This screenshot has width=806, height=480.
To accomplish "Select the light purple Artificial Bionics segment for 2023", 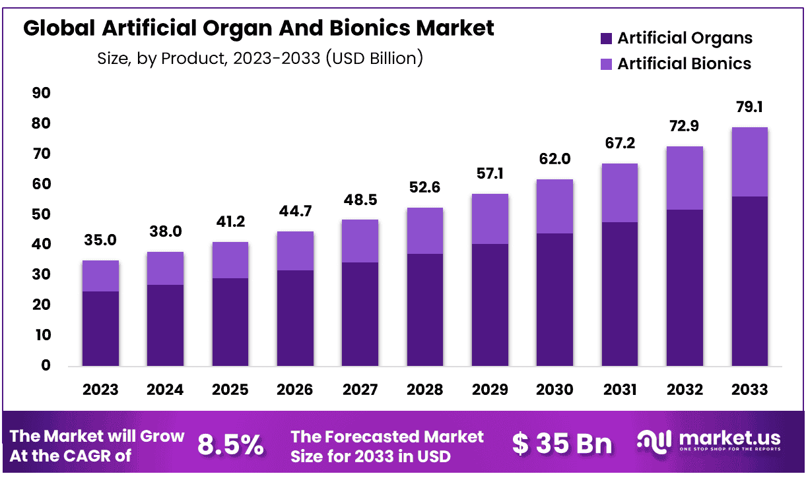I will coord(100,276).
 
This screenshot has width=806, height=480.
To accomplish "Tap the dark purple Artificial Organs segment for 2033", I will coord(749,281).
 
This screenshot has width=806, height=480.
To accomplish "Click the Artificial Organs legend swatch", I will coord(606,39).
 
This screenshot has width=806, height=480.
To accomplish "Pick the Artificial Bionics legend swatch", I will coord(606,64).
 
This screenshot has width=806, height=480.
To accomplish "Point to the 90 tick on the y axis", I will coord(41,94).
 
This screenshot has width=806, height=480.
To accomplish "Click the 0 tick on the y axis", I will coord(46,365).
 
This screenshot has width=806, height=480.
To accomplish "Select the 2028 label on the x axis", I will coord(424,390).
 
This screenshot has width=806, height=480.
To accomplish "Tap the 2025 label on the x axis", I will coord(230,390).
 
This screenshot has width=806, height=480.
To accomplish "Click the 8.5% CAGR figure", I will coord(230,446).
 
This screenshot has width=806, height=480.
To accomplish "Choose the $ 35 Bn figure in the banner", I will coord(562,444).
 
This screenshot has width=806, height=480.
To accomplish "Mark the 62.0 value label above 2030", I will coord(554,159).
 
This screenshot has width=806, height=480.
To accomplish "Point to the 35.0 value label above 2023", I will coord(100,240).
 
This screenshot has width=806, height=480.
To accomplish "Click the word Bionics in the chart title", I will coord(384,28).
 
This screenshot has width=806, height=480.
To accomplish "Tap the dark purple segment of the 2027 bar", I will coord(360,314).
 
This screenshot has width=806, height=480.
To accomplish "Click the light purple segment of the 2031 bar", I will coord(619,193).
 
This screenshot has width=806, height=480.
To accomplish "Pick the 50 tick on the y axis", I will coord(41,214).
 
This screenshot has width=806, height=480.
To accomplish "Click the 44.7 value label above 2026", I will coord(294,211).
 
